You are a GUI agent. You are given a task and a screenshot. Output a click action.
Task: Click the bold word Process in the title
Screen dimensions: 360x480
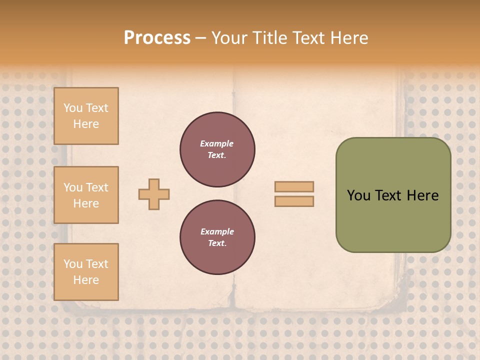pyautogui.click(x=157, y=37)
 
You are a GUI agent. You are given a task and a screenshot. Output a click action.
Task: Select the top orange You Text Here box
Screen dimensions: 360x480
pyautogui.click(x=86, y=116)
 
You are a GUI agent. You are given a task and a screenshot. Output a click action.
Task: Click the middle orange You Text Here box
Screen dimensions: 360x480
pyautogui.click(x=86, y=195)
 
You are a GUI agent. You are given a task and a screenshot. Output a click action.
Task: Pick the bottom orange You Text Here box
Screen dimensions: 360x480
pyautogui.click(x=86, y=272)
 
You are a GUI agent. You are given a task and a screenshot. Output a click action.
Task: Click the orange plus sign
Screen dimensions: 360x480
pyautogui.click(x=154, y=194)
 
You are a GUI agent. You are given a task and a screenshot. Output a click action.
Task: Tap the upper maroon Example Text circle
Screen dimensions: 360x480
pyautogui.click(x=217, y=149)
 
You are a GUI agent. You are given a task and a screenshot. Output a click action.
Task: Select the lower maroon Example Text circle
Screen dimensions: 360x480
pyautogui.click(x=217, y=237)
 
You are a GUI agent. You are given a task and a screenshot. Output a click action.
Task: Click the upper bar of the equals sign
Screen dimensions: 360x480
pyautogui.click(x=294, y=187)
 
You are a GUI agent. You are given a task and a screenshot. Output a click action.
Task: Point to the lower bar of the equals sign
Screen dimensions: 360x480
pyautogui.click(x=294, y=201)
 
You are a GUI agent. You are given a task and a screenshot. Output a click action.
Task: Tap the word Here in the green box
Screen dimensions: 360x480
pyautogui.click(x=422, y=195)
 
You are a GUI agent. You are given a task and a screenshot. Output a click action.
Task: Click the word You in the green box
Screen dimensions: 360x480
pyautogui.click(x=358, y=195)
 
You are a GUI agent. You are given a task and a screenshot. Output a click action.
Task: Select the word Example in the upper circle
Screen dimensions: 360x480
pyautogui.click(x=217, y=144)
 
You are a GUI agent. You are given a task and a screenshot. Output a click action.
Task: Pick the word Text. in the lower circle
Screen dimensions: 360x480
pyautogui.click(x=217, y=243)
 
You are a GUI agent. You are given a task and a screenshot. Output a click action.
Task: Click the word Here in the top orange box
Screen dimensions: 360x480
pyautogui.click(x=86, y=124)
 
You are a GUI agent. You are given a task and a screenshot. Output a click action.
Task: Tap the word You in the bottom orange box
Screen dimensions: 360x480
pyautogui.click(x=73, y=264)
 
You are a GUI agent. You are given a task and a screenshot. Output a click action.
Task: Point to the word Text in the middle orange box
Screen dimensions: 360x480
pyautogui.click(x=96, y=187)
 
